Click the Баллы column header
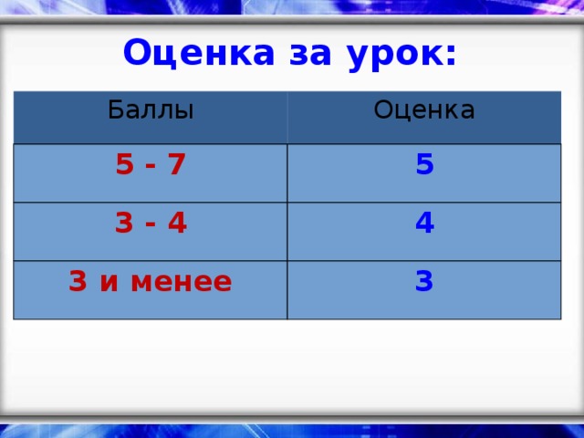[151, 110]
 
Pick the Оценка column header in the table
[424, 110]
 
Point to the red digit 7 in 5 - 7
[177, 165]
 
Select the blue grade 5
[423, 165]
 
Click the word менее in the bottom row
[181, 282]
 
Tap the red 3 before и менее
[78, 282]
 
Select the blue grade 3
[423, 282]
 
